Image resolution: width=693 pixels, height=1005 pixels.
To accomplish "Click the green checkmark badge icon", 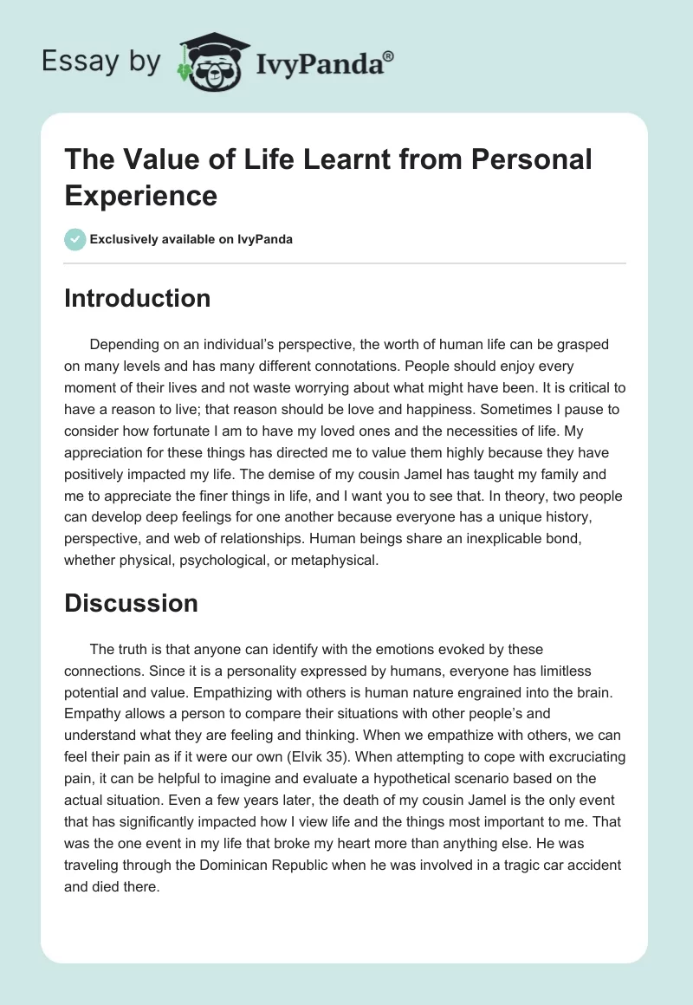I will [75, 239].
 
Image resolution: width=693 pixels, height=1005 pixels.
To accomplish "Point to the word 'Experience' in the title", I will [140, 195].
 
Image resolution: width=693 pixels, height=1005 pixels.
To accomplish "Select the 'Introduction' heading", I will [137, 298].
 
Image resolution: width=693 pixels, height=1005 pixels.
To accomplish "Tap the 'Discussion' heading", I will [131, 603].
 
